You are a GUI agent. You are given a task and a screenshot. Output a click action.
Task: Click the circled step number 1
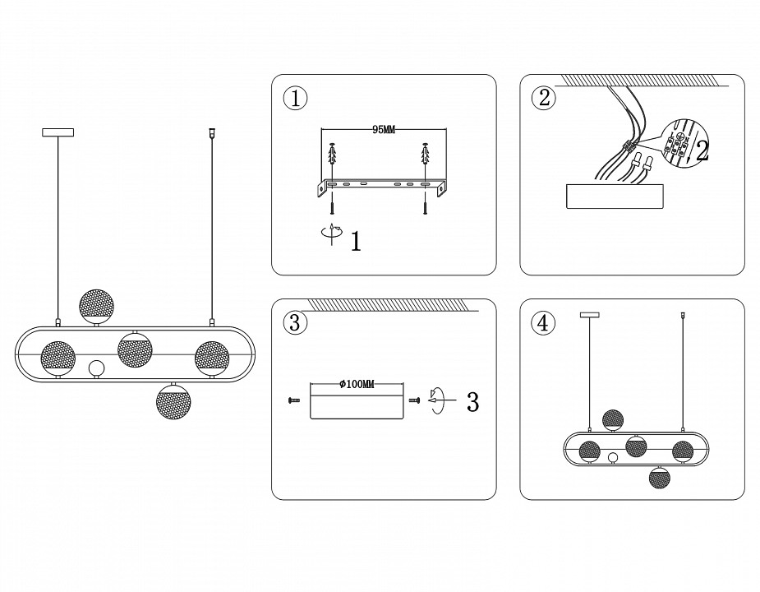[x=295, y=99]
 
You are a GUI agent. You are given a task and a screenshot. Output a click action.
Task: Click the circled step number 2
[x=543, y=99]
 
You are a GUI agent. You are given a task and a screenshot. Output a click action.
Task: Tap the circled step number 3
[x=295, y=323]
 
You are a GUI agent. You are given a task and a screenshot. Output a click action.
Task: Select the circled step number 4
[x=543, y=323]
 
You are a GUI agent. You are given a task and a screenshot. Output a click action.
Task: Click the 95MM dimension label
[x=384, y=130]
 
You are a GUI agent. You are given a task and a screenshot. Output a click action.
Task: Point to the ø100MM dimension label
[x=357, y=385]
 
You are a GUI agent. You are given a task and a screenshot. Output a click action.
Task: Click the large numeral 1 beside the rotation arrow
[x=355, y=242]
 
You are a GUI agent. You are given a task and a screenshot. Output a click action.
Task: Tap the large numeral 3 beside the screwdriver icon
[x=472, y=402]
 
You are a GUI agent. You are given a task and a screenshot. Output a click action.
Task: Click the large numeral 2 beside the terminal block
[x=702, y=150]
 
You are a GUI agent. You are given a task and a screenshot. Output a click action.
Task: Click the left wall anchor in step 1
[x=333, y=155]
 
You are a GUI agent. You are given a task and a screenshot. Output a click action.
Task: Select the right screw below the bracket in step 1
[x=426, y=203]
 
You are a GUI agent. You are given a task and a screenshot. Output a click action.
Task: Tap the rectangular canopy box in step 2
[x=615, y=197]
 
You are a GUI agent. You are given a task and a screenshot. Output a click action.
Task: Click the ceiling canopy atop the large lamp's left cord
[x=58, y=132]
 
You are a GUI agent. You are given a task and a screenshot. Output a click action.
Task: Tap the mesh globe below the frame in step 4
[x=659, y=478]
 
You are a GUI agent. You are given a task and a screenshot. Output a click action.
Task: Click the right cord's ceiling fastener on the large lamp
[x=212, y=131]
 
